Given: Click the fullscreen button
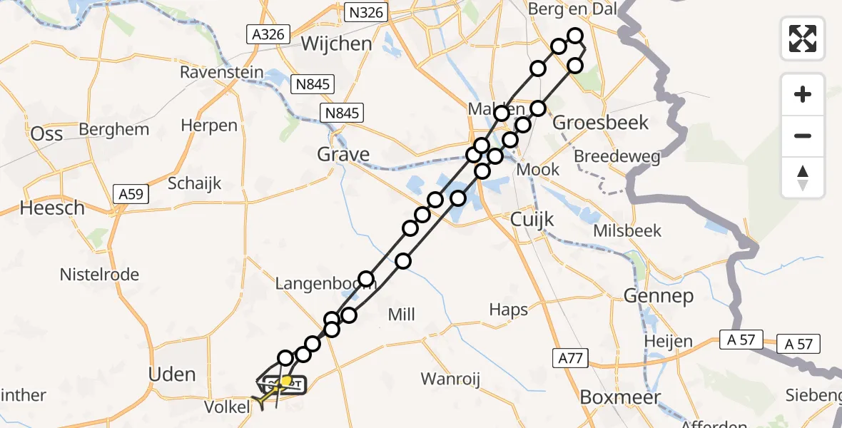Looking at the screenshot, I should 803,39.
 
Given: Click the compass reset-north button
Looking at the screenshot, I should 803,177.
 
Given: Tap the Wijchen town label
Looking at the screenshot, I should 336,44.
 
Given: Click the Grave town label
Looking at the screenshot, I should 344,154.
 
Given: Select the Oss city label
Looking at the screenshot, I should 46,134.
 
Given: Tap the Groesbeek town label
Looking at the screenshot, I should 601,123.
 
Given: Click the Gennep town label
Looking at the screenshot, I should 658,295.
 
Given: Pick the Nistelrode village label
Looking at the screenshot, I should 99,275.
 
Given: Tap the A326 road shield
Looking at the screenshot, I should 268,34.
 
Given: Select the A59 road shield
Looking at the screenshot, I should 131,193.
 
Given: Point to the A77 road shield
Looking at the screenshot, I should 570,357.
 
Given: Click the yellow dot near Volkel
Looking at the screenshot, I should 287,381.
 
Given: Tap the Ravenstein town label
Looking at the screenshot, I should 219,73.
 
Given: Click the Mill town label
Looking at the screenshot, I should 400,315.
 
